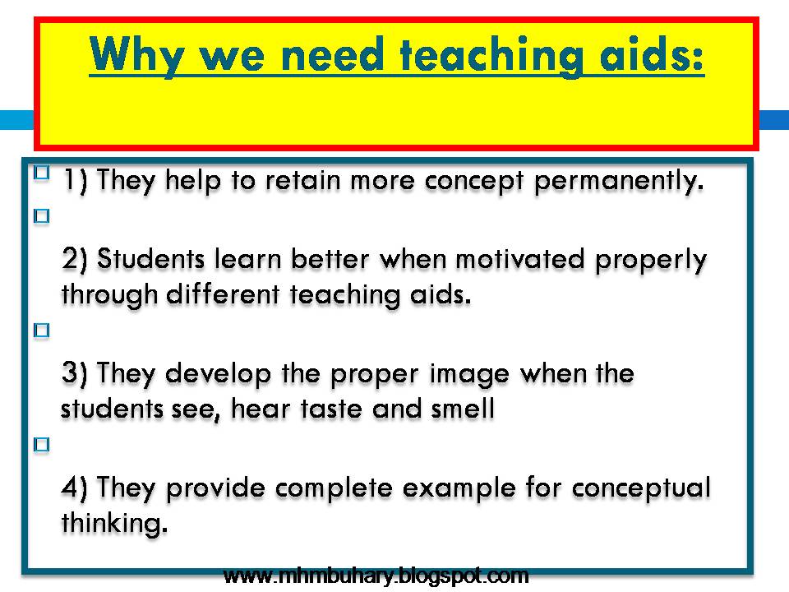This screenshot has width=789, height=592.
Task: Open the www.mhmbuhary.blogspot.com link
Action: pyautogui.click(x=376, y=575)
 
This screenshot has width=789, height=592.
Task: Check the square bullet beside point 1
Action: pyautogui.click(x=41, y=173)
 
